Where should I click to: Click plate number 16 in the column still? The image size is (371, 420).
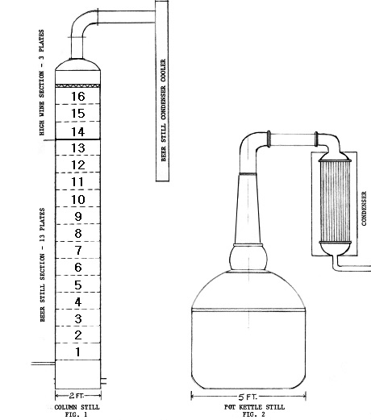coord(78,96)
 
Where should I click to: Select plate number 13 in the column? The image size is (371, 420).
coord(78,148)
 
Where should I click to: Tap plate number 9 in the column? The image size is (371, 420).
coord(78,216)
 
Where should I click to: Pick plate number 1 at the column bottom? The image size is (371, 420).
coord(78,351)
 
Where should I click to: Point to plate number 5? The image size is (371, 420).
coord(78,285)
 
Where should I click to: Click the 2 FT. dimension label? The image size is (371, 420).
coord(77,395)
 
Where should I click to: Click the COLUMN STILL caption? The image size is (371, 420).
coord(77,407)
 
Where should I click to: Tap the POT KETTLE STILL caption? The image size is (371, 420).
coord(254,407)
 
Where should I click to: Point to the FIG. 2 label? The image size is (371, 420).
coord(253,414)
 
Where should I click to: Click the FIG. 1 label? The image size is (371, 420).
coord(76,414)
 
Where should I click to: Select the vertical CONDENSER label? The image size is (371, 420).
coord(364,208)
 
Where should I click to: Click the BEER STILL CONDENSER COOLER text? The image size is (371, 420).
coord(164,110)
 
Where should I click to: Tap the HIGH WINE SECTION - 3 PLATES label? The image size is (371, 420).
coord(42,82)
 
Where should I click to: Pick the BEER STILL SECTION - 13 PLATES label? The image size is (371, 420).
coord(42,264)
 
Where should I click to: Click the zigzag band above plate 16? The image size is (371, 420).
coord(77,86)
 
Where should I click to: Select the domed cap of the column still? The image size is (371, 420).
coord(77,64)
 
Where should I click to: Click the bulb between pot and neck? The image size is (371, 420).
coord(248,258)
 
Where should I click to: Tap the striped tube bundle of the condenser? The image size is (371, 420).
coord(335,202)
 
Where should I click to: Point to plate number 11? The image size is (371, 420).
coord(77,182)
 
